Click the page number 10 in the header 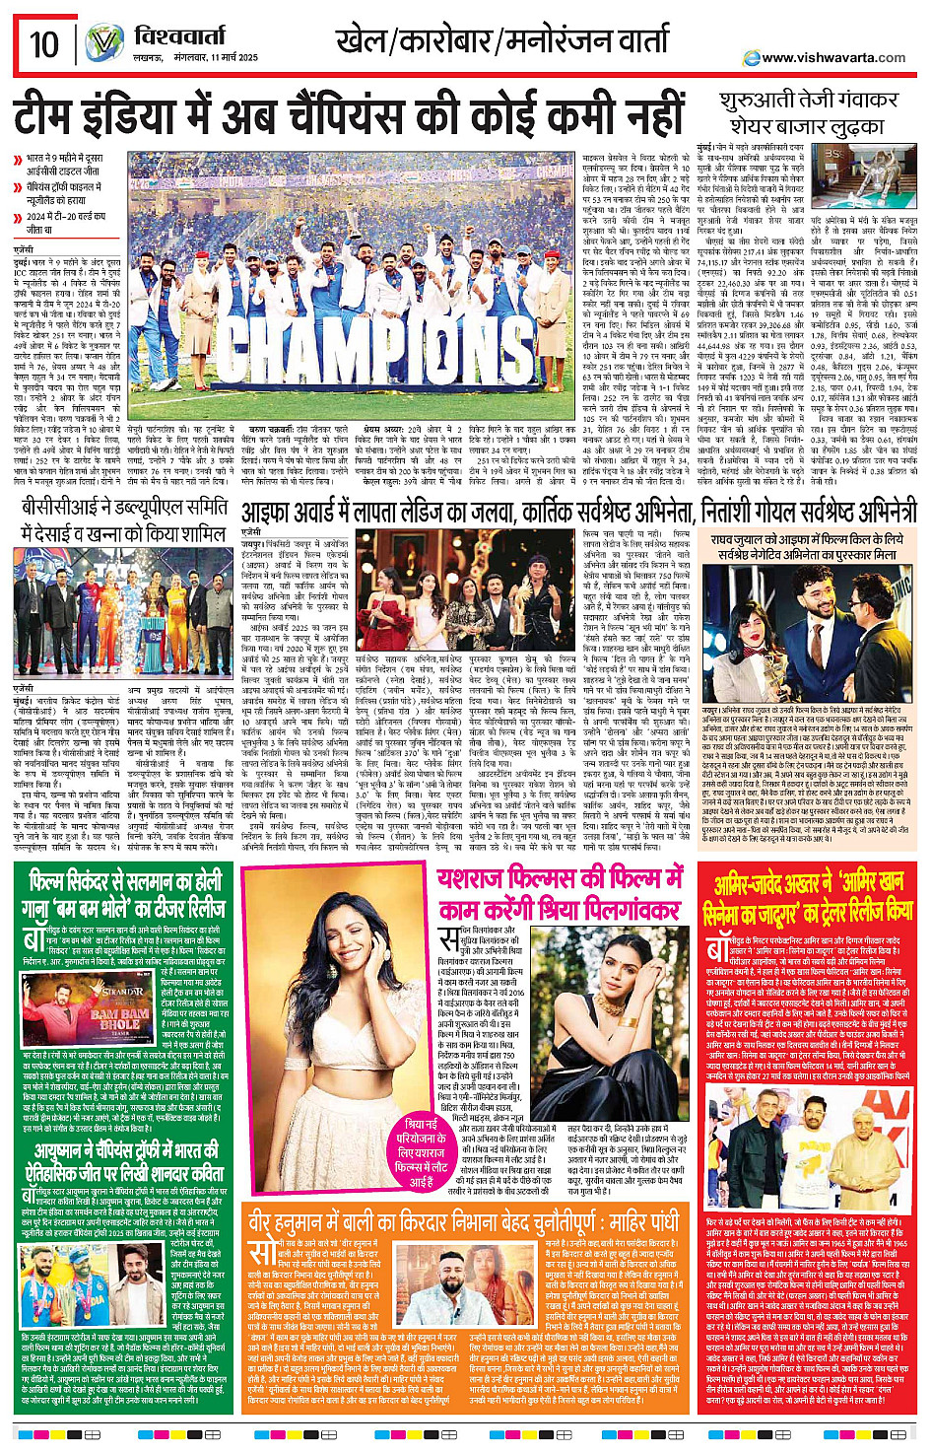tap(43, 44)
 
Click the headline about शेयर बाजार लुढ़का tap(808, 114)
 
